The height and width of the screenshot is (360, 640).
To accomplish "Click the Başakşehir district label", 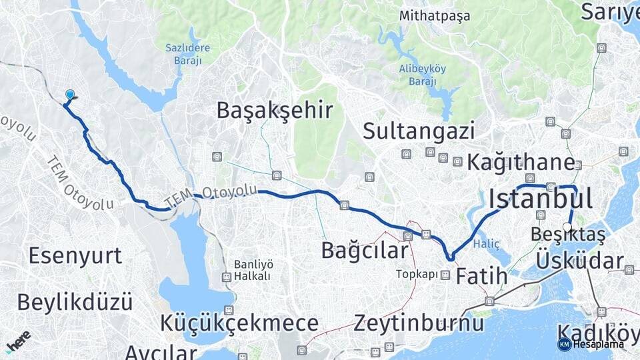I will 274,110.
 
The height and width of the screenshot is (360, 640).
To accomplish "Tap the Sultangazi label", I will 419,131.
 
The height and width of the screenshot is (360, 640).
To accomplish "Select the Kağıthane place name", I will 521,162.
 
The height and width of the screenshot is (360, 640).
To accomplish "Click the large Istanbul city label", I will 541,198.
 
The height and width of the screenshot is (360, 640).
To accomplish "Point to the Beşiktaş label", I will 569,235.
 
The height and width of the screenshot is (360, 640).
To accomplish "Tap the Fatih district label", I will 481,275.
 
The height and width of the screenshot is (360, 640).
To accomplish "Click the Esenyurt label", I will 75,255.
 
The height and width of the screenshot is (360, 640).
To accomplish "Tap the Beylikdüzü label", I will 75,302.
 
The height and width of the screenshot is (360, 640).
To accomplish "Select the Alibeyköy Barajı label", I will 417,75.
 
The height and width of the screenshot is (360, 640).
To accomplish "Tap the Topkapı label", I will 417,274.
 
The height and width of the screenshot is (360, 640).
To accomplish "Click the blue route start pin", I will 70,96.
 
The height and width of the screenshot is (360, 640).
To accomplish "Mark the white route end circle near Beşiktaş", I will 567,227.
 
